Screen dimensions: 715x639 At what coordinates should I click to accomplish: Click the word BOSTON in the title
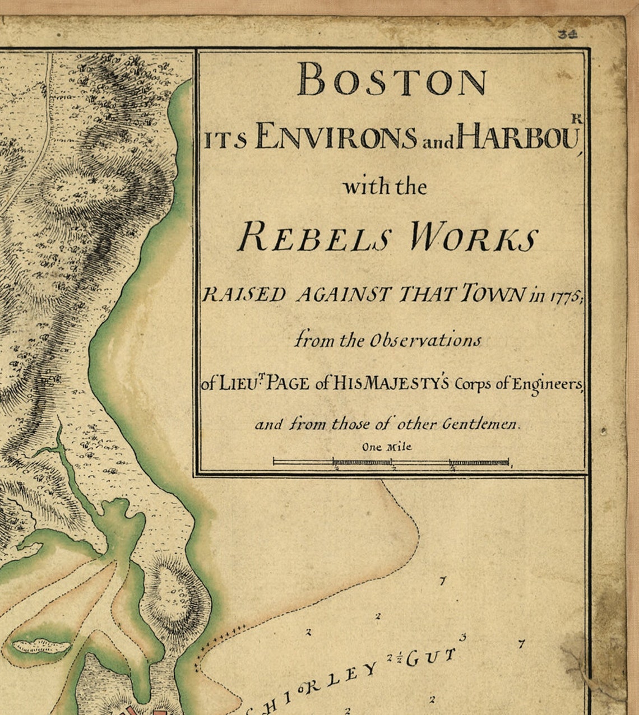(392, 80)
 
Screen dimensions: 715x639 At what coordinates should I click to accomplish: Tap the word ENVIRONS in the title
(335, 138)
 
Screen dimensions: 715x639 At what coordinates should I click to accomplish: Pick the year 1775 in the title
(562, 296)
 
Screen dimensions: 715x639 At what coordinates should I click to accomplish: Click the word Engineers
(548, 384)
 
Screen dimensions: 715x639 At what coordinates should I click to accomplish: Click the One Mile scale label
(386, 447)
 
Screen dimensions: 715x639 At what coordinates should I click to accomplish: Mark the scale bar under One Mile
(391, 462)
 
